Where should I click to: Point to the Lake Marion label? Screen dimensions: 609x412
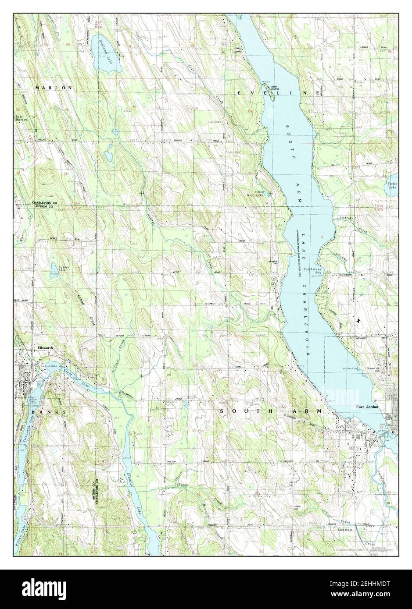point(21,118)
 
